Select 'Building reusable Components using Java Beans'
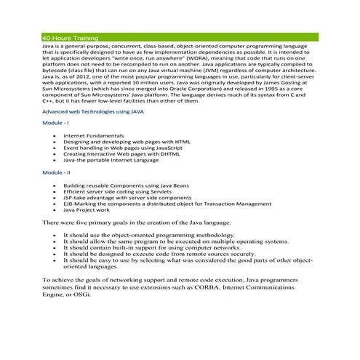[127, 185]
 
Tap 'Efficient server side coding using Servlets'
[119, 191]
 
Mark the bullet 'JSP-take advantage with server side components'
[127, 198]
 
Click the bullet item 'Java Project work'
[87, 209]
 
